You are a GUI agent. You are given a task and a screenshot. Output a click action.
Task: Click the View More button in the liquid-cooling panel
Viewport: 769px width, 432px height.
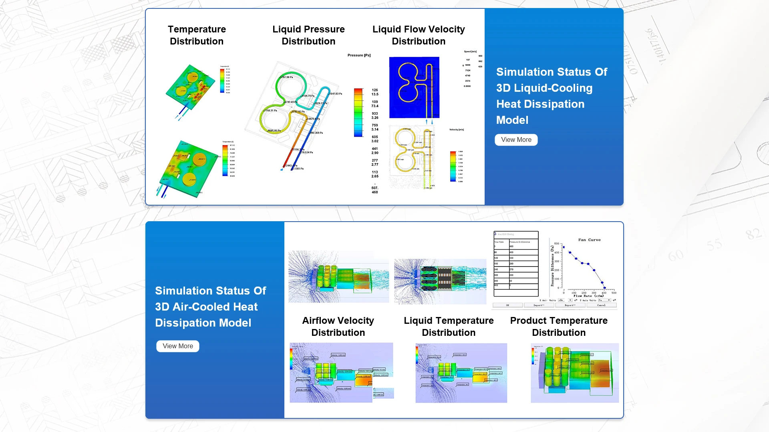pyautogui.click(x=516, y=139)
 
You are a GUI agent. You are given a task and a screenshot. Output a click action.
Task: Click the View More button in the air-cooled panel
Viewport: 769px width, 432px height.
pyautogui.click(x=177, y=346)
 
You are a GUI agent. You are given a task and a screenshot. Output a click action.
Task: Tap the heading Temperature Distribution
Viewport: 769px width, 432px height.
pyautogui.click(x=197, y=35)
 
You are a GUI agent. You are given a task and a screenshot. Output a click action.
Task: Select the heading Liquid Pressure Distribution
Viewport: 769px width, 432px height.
pyautogui.click(x=308, y=35)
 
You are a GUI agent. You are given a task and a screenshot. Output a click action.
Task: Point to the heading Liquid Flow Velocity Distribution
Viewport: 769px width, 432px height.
pyautogui.click(x=419, y=35)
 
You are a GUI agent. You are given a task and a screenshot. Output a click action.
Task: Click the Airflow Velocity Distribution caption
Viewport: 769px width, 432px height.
pyautogui.click(x=338, y=326)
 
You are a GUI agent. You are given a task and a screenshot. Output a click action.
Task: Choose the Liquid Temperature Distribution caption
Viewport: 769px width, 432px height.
pyautogui.click(x=449, y=326)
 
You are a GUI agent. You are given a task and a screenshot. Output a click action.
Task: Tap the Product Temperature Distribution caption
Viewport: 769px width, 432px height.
pyautogui.click(x=559, y=326)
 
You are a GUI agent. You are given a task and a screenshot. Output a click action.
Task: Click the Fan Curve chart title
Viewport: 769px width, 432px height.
pyautogui.click(x=589, y=240)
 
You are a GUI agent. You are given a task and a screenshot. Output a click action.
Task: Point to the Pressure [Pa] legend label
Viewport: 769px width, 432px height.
pyautogui.click(x=359, y=55)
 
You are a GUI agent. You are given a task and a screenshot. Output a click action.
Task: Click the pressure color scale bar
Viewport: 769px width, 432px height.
pyautogui.click(x=358, y=113)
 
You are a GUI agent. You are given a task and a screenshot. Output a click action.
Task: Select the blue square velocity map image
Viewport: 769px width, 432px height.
pyautogui.click(x=414, y=87)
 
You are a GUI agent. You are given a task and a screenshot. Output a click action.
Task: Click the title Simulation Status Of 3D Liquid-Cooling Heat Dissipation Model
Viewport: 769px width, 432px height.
pyautogui.click(x=552, y=96)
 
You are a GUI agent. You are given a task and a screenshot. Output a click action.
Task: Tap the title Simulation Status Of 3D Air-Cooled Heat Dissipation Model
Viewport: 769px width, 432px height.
pyautogui.click(x=210, y=307)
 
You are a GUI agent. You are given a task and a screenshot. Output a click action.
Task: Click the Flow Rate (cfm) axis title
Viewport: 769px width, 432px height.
pyautogui.click(x=588, y=296)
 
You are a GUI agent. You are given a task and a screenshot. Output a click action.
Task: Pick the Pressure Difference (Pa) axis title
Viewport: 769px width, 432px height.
pyautogui.click(x=552, y=266)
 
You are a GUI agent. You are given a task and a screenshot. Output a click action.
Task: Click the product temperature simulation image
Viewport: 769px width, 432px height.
pyautogui.click(x=575, y=373)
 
